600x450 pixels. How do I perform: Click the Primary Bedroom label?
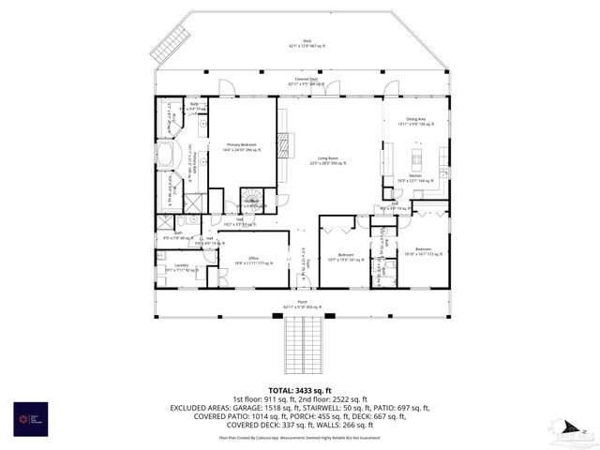pyautogui.click(x=241, y=146)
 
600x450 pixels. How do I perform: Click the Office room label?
pyautogui.click(x=252, y=260)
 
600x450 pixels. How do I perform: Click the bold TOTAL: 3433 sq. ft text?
pyautogui.click(x=300, y=389)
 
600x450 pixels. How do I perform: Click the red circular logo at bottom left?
pyautogui.click(x=25, y=416)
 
